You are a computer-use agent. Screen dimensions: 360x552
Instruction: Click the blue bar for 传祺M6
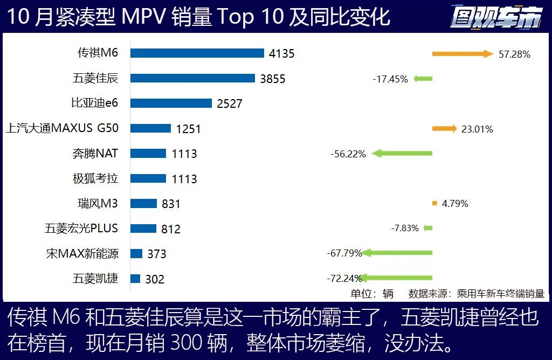click(x=197, y=53)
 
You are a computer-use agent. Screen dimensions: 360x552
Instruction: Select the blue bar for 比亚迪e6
click(x=171, y=103)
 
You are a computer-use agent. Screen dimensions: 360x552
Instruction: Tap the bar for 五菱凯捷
click(x=135, y=279)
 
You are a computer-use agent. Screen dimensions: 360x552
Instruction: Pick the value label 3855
click(x=272, y=79)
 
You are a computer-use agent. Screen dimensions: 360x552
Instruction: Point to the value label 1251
click(x=188, y=129)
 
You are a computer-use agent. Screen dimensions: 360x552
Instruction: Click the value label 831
click(x=171, y=204)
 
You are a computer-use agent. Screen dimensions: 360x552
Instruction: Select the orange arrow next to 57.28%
click(x=463, y=53)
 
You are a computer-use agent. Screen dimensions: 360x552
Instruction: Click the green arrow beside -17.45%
click(x=423, y=79)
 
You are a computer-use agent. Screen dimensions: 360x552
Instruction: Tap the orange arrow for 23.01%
click(x=444, y=128)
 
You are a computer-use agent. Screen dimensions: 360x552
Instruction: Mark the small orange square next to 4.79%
click(x=434, y=203)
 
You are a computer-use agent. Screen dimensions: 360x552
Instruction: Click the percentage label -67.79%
click(x=344, y=253)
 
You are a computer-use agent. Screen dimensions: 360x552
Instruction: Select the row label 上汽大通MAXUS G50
click(x=61, y=128)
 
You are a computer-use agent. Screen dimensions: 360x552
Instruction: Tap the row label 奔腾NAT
click(x=95, y=153)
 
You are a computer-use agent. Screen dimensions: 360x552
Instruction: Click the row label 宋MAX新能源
click(x=82, y=253)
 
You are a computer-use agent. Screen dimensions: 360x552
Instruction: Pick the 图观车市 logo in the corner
click(x=496, y=17)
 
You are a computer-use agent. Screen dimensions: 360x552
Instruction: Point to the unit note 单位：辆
click(x=372, y=294)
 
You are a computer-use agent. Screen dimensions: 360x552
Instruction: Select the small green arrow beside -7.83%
click(x=427, y=228)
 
